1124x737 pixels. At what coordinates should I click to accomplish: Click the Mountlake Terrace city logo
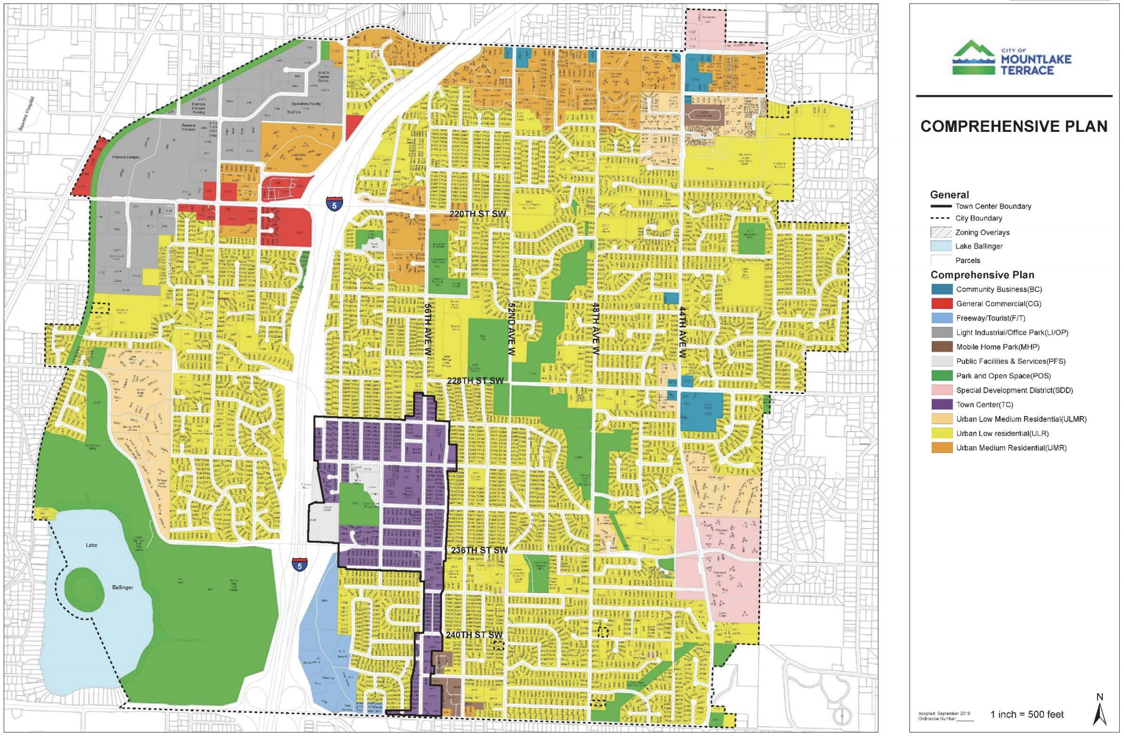pyautogui.click(x=1011, y=58)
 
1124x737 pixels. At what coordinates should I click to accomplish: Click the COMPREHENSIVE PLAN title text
pyautogui.click(x=1014, y=126)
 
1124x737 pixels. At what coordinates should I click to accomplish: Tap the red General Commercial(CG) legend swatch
pyautogui.click(x=941, y=304)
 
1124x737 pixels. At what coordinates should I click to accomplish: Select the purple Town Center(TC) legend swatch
pyautogui.click(x=941, y=405)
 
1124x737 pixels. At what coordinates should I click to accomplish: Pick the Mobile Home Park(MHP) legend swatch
pyautogui.click(x=941, y=347)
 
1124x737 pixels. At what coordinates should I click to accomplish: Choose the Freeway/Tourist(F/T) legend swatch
pyautogui.click(x=941, y=318)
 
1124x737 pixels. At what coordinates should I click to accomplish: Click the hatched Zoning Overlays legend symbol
pyautogui.click(x=941, y=232)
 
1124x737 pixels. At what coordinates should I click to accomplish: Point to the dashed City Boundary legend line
pyautogui.click(x=941, y=218)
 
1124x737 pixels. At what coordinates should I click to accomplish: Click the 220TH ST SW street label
pyautogui.click(x=478, y=214)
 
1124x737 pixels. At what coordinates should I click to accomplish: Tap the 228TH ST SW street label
pyautogui.click(x=476, y=381)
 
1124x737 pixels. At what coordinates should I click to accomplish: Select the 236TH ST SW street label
pyautogui.click(x=479, y=550)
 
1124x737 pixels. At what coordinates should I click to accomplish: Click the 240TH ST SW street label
pyautogui.click(x=474, y=635)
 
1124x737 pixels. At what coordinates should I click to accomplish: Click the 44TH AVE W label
pyautogui.click(x=683, y=332)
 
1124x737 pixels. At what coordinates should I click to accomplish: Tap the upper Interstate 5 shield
pyautogui.click(x=334, y=204)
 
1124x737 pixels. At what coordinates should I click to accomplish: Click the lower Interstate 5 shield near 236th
pyautogui.click(x=299, y=565)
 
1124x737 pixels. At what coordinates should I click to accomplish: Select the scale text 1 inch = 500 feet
pyautogui.click(x=1027, y=714)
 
